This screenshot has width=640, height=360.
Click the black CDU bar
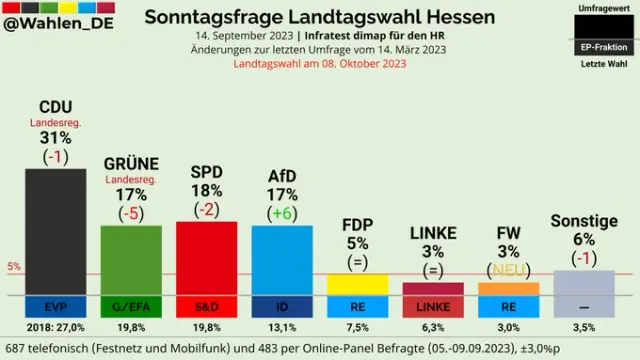(x=56, y=231)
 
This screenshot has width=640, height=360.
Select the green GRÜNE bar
(x=131, y=260)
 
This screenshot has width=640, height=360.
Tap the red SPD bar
(x=207, y=258)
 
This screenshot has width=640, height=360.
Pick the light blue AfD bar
(x=282, y=260)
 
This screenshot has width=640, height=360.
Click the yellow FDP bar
(x=358, y=284)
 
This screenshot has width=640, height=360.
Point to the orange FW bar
(x=509, y=289)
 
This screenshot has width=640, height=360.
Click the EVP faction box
(x=56, y=307)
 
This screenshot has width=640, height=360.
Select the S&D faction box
(x=207, y=307)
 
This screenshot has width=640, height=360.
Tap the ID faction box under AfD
(x=282, y=307)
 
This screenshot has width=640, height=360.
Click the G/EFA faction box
(x=131, y=307)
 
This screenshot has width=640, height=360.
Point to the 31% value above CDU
(x=56, y=138)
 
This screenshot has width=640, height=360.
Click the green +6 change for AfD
(x=282, y=213)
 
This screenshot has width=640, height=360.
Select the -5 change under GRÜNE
(x=131, y=213)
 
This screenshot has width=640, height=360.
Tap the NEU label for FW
(x=509, y=270)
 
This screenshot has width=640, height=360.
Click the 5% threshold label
(x=14, y=267)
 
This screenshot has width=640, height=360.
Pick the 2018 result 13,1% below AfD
(x=282, y=327)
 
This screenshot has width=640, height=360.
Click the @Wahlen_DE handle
(x=58, y=24)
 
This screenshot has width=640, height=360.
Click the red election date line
(x=320, y=64)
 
